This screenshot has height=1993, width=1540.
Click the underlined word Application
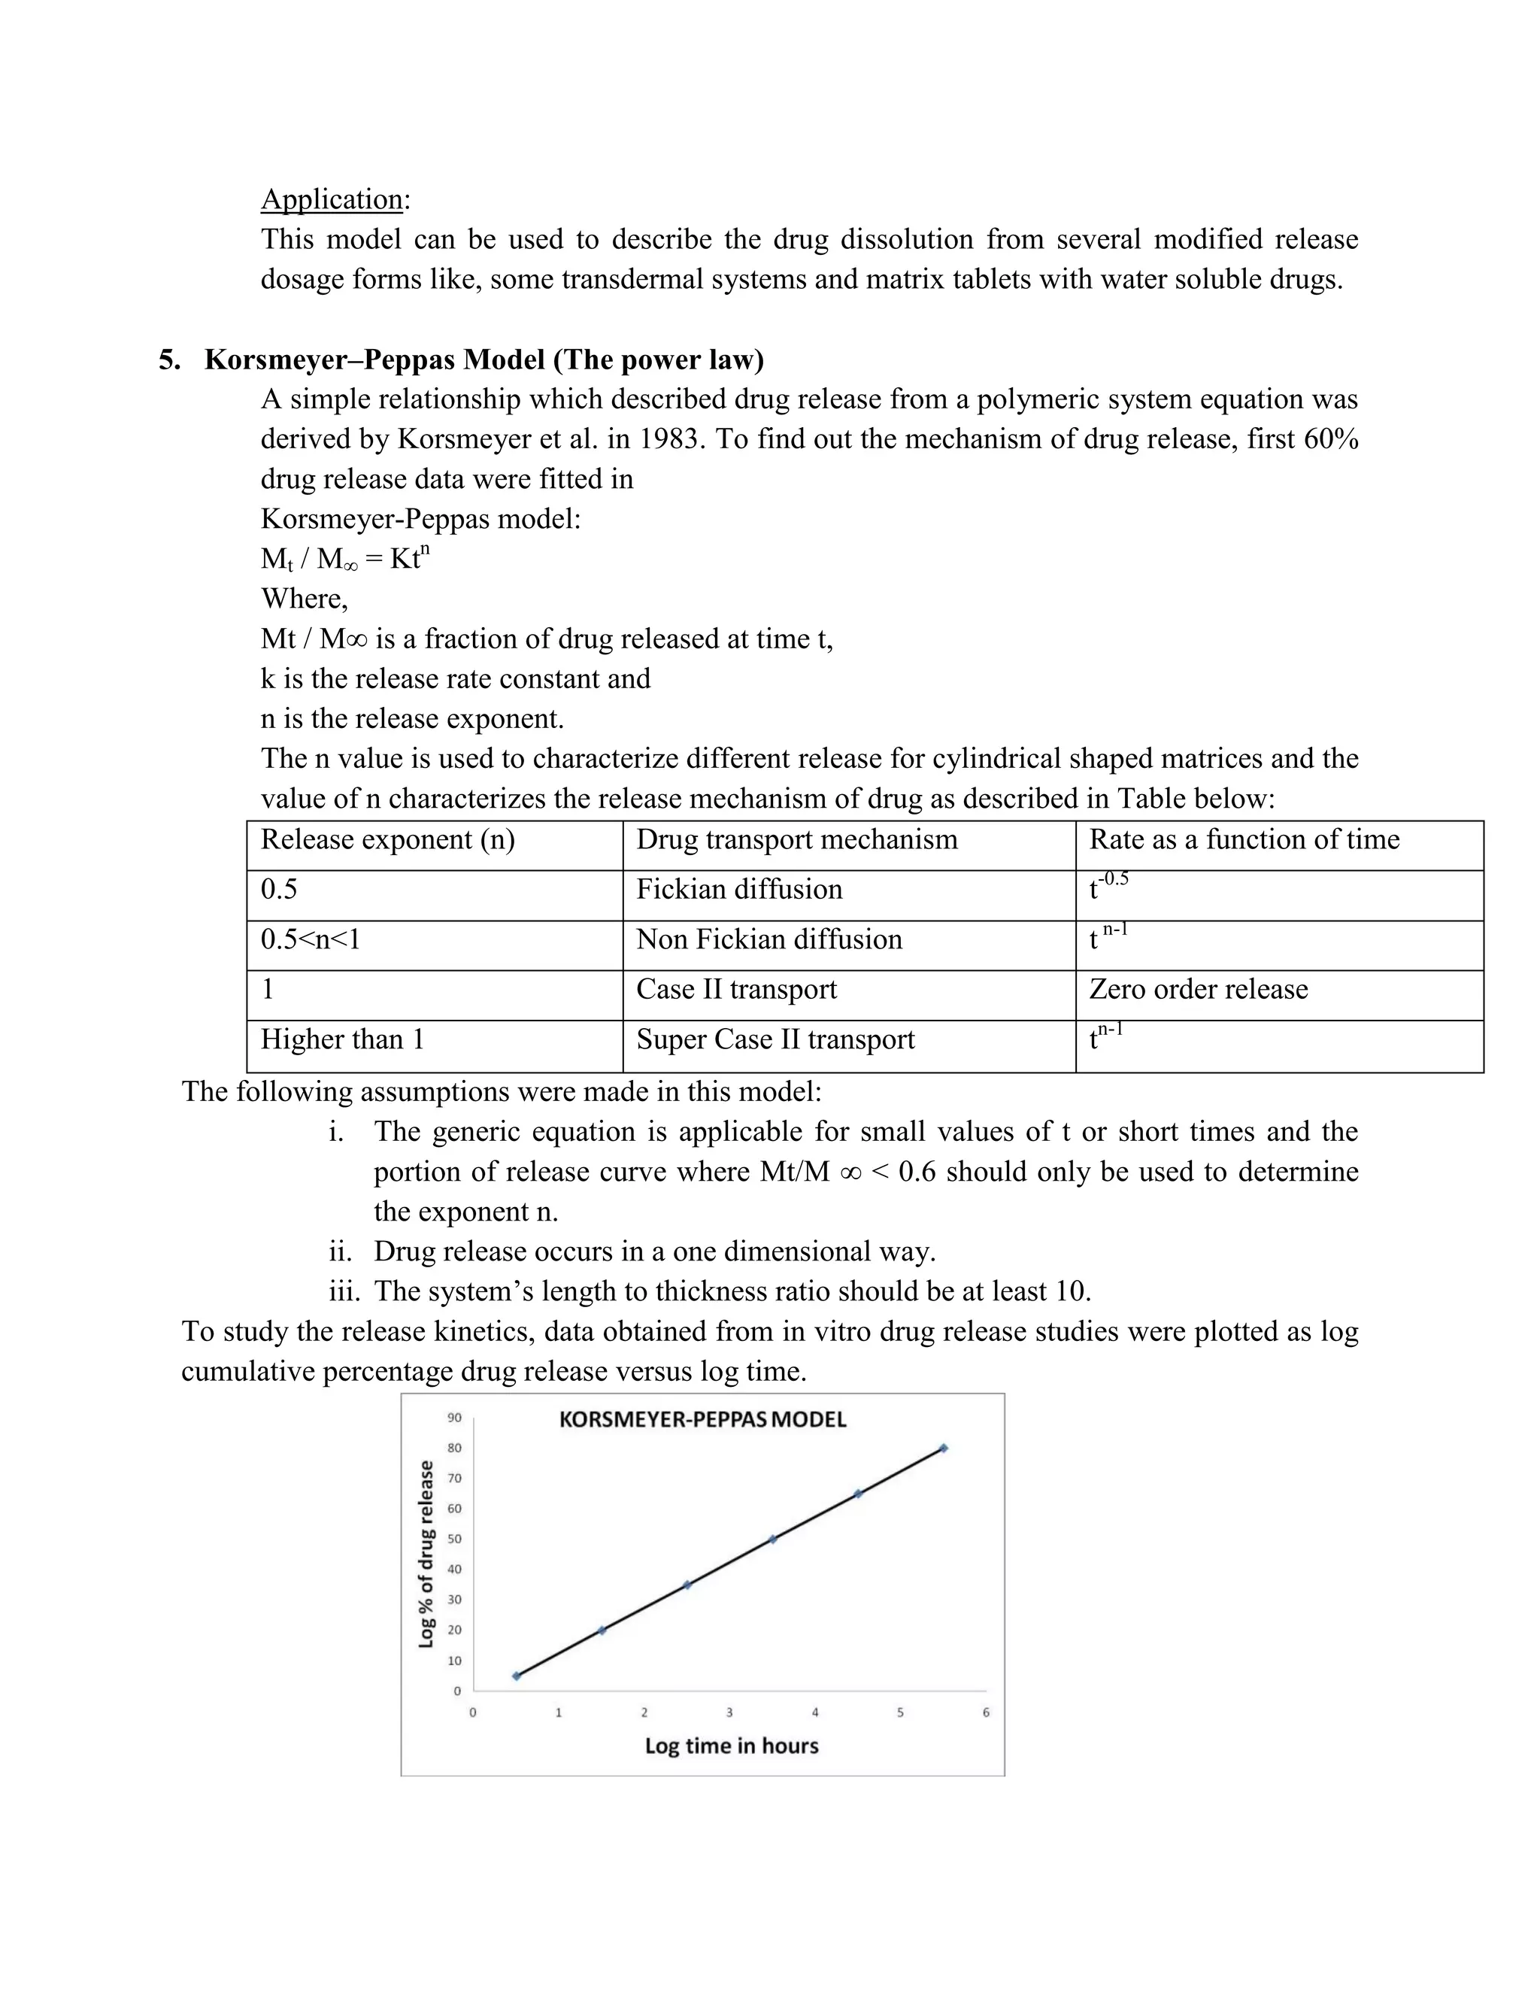[332, 199]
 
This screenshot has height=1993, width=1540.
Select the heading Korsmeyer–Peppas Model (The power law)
[484, 359]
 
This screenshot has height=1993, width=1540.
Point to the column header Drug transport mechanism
[796, 839]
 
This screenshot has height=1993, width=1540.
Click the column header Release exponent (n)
[388, 839]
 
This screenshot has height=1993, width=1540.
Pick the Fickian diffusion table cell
[739, 890]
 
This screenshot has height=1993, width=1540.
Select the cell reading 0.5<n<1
[311, 940]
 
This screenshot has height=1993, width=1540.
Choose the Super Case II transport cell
[775, 1040]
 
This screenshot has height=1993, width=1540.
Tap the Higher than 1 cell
[342, 1040]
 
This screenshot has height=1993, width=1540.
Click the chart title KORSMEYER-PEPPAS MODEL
[702, 1420]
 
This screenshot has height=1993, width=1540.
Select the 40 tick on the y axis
[454, 1570]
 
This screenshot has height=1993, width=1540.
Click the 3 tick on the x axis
[729, 1712]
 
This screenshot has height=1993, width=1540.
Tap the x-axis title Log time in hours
[732, 1746]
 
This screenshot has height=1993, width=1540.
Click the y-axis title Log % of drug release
[426, 1554]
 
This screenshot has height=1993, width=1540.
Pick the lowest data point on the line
[517, 1676]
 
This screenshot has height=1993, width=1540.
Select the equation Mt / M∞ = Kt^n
[345, 559]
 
